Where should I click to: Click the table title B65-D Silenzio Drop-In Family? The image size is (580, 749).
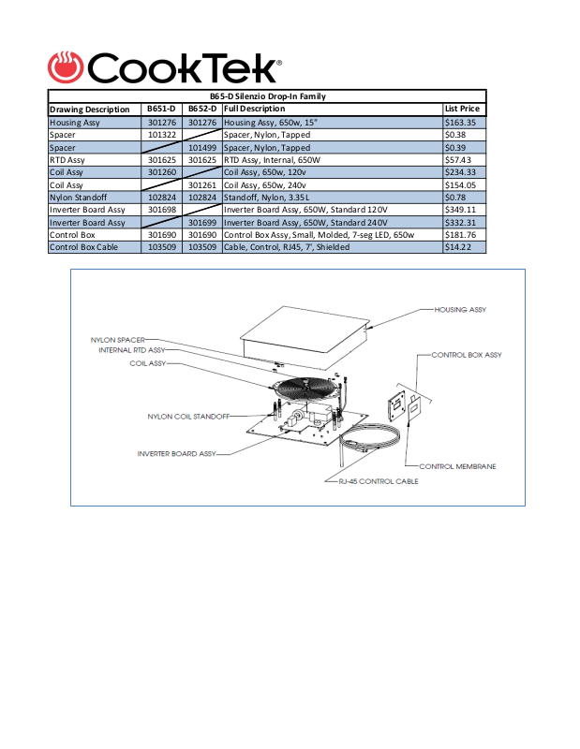click(x=267, y=96)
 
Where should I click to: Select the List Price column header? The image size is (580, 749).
click(x=462, y=110)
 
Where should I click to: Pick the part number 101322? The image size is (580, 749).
click(x=162, y=135)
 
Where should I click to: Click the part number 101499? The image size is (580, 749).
click(x=202, y=147)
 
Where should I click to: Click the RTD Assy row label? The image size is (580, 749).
click(x=67, y=160)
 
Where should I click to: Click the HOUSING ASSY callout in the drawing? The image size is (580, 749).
click(x=460, y=309)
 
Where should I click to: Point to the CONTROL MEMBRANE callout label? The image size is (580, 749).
click(x=457, y=466)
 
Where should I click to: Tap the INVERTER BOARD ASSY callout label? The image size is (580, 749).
click(x=176, y=454)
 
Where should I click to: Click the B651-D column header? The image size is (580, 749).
click(x=162, y=110)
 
